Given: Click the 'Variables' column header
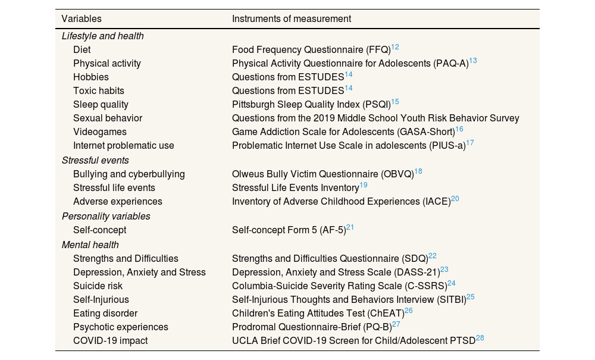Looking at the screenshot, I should pyautogui.click(x=82, y=19).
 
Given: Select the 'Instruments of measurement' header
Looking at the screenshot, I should pyautogui.click(x=291, y=19).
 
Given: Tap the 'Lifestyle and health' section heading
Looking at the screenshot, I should pyautogui.click(x=102, y=36).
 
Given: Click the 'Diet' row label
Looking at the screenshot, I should pyautogui.click(x=82, y=50).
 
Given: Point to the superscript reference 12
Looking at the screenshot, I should pyautogui.click(x=395, y=47).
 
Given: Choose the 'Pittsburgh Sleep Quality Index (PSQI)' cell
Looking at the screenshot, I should pyautogui.click(x=311, y=105).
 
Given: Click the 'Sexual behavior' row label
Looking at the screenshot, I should pyautogui.click(x=108, y=118).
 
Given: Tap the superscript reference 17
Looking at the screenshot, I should pyautogui.click(x=470, y=143).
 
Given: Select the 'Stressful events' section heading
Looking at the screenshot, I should pyautogui.click(x=95, y=160).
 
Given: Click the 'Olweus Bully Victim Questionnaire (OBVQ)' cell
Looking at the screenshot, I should pyautogui.click(x=322, y=174).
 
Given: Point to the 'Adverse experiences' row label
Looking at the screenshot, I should pyautogui.click(x=117, y=202).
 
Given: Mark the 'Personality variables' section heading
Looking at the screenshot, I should pyautogui.click(x=106, y=216).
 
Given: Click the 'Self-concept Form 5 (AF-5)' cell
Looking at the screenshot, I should pyautogui.click(x=289, y=230).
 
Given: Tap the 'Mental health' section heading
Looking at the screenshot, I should pyautogui.click(x=90, y=245).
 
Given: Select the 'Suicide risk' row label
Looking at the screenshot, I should pyautogui.click(x=98, y=286).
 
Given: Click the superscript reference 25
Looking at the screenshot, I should pyautogui.click(x=471, y=296).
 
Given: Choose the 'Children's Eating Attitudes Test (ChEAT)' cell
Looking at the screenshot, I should pyautogui.click(x=318, y=313).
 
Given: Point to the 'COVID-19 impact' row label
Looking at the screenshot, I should pyautogui.click(x=110, y=341).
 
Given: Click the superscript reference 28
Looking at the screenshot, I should pyautogui.click(x=480, y=338).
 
